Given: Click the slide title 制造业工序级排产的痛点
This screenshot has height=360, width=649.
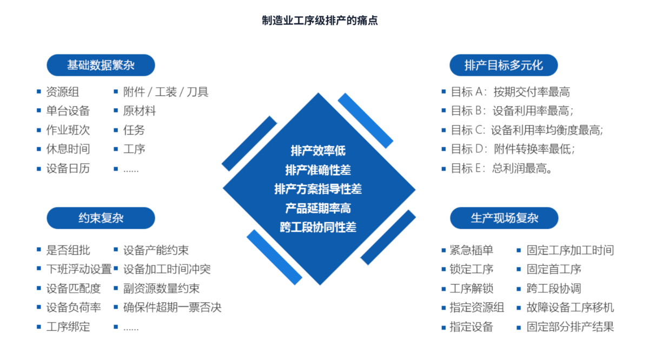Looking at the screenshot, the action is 320,21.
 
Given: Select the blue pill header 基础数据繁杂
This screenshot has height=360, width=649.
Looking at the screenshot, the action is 101,65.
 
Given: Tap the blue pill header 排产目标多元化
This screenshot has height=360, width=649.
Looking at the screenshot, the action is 504,65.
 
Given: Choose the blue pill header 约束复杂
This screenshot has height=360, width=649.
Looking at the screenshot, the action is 101,218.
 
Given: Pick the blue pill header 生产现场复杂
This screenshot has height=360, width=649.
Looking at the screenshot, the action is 504,218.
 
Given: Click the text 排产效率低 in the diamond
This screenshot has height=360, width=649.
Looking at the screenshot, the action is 318,151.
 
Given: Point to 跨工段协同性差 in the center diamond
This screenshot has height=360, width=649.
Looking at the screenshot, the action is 318,227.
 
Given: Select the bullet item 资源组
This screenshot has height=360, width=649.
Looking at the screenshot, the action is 62,92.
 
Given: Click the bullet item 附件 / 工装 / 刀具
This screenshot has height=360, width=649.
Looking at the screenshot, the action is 165,92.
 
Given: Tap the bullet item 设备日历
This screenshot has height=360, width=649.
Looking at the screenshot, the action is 68,168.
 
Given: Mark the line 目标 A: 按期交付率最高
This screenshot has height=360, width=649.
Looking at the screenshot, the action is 510,92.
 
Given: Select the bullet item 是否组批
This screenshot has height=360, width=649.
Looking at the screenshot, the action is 68,250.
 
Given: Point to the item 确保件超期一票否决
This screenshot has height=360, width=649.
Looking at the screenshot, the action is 172,308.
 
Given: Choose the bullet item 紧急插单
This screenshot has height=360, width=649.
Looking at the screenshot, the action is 471,250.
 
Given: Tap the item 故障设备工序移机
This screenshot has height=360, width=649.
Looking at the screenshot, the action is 570,308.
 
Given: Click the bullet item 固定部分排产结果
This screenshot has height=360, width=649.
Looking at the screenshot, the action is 570,326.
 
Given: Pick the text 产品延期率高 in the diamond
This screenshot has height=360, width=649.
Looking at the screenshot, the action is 318,208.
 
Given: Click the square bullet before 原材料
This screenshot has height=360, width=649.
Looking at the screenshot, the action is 116,111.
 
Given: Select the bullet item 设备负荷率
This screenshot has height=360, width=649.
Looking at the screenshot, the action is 73,308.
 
